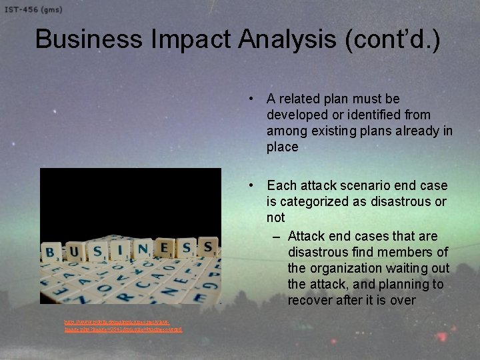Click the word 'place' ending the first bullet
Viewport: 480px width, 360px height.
click(282, 147)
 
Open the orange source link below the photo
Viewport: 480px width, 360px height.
click(123, 325)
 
